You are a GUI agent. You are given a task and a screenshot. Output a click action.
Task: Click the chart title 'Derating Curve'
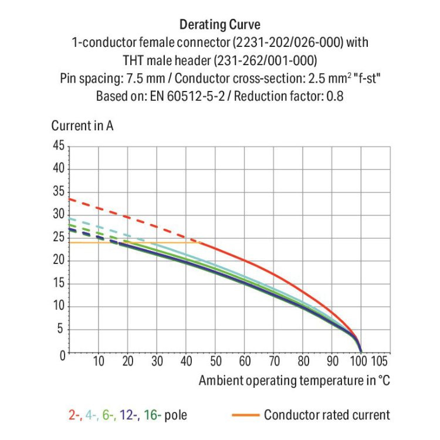pyautogui.click(x=219, y=25)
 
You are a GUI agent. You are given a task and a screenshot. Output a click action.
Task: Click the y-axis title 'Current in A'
pyautogui.click(x=82, y=126)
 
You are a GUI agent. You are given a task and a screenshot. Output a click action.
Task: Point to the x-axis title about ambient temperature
pyautogui.click(x=293, y=380)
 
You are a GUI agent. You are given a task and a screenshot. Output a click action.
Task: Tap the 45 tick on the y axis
pyautogui.click(x=58, y=146)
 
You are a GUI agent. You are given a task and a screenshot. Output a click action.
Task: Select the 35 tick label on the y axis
pyautogui.click(x=58, y=192)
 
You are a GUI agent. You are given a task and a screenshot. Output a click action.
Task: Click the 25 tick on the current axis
pyautogui.click(x=58, y=238)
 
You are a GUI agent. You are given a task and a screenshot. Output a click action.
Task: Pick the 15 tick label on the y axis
pyautogui.click(x=58, y=284)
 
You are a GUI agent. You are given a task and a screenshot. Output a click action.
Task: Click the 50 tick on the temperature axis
pyautogui.click(x=215, y=361)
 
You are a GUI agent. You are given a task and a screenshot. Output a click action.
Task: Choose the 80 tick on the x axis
pyautogui.click(x=303, y=361)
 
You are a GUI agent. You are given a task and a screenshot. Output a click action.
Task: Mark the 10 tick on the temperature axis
pyautogui.click(x=99, y=361)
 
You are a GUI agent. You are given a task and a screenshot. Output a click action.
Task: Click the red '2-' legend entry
pyautogui.click(x=75, y=415)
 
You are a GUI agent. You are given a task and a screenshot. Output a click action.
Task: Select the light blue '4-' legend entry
pyautogui.click(x=92, y=415)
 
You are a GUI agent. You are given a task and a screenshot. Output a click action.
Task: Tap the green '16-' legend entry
pyautogui.click(x=151, y=415)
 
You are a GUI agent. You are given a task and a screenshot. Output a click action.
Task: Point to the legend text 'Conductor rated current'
pyautogui.click(x=326, y=415)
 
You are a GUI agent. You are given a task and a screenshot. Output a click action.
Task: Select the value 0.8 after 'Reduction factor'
pyautogui.click(x=334, y=95)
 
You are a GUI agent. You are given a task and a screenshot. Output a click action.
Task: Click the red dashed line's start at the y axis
pyautogui.click(x=70, y=199)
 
